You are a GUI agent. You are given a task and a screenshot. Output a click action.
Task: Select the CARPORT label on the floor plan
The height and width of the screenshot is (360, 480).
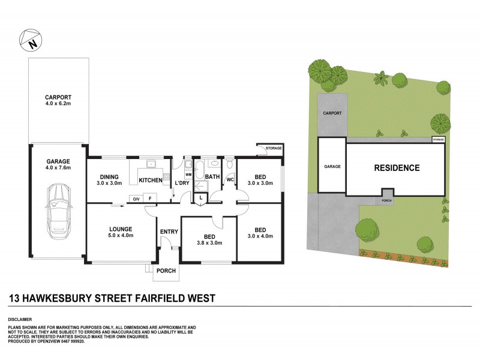58,97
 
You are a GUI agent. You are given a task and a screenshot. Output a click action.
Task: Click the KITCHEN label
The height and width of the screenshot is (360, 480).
151,180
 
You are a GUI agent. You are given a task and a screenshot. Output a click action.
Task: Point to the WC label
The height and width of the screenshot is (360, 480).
230,179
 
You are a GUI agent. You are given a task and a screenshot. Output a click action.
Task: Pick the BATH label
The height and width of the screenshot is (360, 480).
212,176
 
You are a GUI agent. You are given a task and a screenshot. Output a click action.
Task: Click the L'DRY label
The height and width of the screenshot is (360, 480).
182,183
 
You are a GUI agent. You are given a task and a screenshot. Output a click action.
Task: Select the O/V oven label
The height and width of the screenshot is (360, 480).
136,199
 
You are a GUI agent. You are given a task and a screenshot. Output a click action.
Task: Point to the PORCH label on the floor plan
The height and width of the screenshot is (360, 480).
166,271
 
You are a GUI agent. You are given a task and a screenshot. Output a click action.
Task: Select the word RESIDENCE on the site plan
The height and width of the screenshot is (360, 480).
397,168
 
